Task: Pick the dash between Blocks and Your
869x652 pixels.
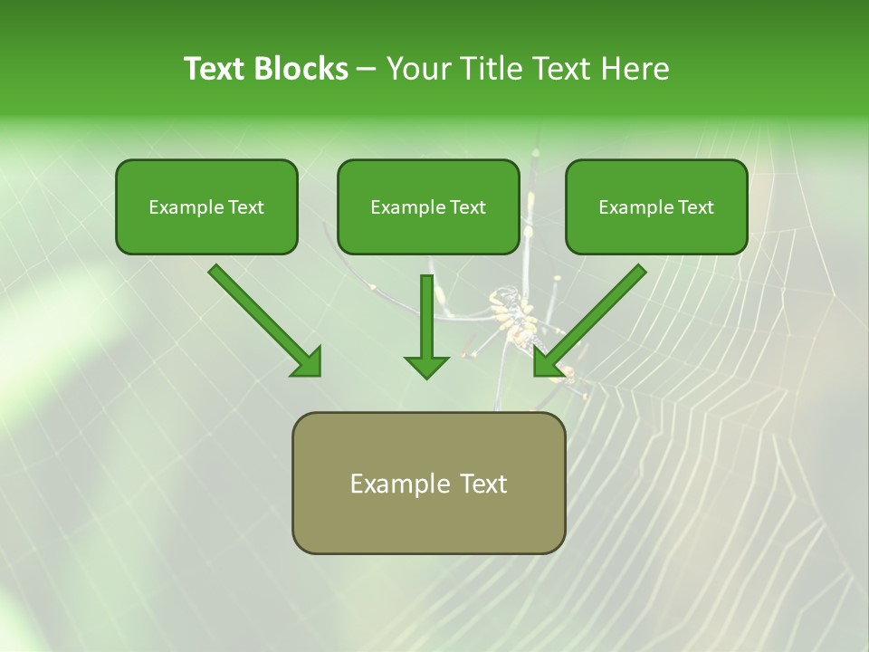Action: (367, 70)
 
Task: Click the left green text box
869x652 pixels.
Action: (206, 206)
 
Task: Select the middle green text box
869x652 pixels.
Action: (428, 206)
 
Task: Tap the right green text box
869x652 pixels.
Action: (656, 206)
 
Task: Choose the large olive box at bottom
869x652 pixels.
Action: (428, 483)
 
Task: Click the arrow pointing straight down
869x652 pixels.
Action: (426, 326)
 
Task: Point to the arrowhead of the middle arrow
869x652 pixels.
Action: (426, 366)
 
